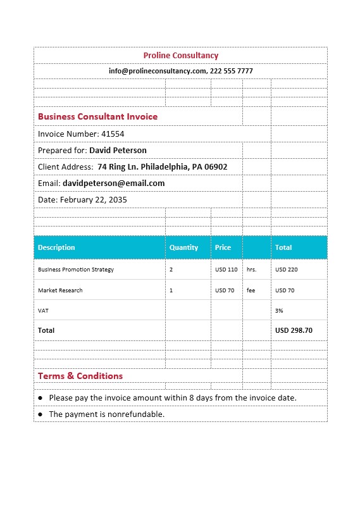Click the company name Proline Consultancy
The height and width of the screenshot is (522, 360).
[180, 56]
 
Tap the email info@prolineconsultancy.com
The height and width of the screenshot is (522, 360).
[157, 71]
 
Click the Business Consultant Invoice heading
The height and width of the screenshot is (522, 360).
[97, 117]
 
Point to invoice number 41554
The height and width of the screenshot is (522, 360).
[113, 134]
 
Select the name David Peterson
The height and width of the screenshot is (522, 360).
[118, 151]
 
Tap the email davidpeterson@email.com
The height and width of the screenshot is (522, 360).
[113, 183]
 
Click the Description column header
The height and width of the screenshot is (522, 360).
[56, 247]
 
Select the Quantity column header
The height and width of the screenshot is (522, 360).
[183, 247]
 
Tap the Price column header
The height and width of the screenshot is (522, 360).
[223, 247]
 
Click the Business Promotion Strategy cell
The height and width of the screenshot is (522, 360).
[76, 270]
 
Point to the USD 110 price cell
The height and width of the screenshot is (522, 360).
[226, 270]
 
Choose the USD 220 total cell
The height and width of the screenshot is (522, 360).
[286, 270]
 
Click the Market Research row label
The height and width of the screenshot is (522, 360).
[60, 290]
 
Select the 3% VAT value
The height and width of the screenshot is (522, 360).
[279, 311]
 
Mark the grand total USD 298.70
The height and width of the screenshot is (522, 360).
[294, 330]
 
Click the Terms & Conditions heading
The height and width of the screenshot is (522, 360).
[80, 376]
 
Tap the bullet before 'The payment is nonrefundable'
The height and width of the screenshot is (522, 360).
[40, 414]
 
